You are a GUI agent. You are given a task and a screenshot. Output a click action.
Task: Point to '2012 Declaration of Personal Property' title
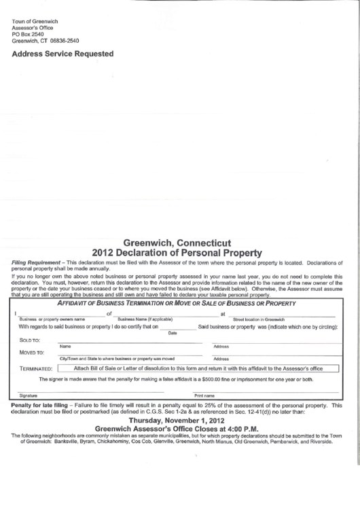[x=179, y=251]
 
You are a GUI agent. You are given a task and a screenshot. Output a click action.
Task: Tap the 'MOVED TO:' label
[x=32, y=352]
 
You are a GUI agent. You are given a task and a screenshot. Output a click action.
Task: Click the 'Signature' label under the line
[x=28, y=395]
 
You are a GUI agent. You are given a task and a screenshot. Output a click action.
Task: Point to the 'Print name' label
[x=204, y=395]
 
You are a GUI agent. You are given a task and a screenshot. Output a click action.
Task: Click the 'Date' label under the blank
[x=172, y=332]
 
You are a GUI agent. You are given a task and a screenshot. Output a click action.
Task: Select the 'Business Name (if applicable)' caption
[x=145, y=319]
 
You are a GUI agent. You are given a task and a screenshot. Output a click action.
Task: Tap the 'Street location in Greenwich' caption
[x=259, y=319]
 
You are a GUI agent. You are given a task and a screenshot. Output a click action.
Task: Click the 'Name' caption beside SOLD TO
[x=65, y=346]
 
